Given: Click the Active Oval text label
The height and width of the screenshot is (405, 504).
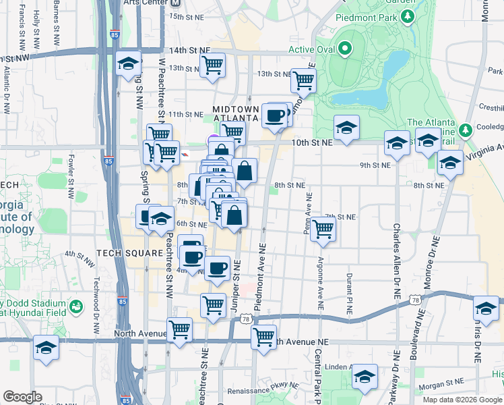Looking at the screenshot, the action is coord(312,49).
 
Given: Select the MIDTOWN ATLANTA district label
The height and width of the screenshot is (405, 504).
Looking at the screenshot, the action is coord(236,113).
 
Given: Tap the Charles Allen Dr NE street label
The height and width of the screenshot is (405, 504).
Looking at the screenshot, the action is coord(397,263).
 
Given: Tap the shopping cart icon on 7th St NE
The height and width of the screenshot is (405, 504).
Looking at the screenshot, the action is coord(323,229).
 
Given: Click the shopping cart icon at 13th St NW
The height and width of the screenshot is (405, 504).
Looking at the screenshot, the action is coord(212,65).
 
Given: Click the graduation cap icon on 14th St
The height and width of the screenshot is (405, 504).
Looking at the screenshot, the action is coord(127,63).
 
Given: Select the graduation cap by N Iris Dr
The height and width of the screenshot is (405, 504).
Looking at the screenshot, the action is coord(485,308).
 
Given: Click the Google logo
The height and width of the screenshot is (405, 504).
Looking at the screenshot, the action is coord(22,396).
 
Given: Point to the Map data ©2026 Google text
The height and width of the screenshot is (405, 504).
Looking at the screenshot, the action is coord(462,399).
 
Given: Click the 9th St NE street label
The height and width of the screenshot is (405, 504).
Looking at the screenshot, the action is coord(375,165).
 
